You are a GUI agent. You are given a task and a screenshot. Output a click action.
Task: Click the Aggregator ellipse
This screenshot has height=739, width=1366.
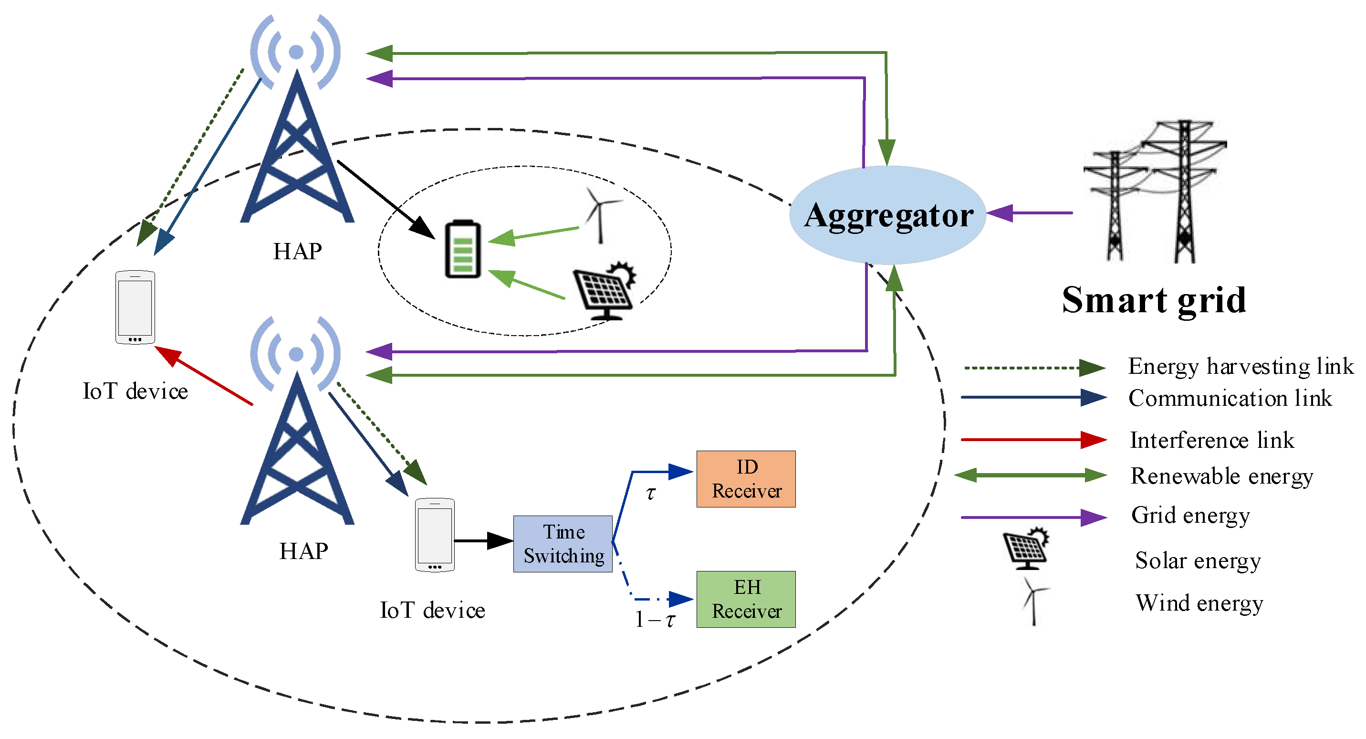(888, 215)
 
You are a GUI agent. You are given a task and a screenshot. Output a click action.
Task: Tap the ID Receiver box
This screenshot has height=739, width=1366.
(746, 479)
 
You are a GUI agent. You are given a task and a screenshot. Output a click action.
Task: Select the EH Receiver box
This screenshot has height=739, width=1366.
(746, 600)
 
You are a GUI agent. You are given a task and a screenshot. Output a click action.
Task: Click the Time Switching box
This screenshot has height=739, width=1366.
(563, 544)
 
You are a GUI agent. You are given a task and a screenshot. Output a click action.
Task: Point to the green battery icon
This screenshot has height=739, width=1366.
(462, 249)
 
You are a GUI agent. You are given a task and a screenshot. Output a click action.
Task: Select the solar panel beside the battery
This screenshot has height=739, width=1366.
(605, 291)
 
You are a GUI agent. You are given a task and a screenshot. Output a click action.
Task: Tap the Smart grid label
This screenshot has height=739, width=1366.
(1154, 300)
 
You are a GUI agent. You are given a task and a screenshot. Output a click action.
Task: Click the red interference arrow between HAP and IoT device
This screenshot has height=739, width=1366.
(204, 376)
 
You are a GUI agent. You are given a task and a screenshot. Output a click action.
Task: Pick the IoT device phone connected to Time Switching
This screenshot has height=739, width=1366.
(434, 535)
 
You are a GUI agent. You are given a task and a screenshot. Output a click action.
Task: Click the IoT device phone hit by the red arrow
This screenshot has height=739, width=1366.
(135, 307)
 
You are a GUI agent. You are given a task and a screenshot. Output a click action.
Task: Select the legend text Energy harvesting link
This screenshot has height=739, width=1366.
(1241, 366)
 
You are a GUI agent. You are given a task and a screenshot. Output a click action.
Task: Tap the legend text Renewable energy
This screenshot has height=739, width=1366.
(1222, 476)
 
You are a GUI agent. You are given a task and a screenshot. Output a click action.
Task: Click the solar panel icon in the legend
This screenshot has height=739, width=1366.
(1026, 549)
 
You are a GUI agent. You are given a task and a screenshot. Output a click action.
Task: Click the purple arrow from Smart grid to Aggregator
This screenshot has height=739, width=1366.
(1029, 213)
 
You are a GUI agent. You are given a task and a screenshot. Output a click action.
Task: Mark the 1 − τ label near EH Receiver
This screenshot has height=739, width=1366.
(656, 619)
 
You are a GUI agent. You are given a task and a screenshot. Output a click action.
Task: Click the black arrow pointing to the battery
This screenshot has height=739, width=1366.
(386, 199)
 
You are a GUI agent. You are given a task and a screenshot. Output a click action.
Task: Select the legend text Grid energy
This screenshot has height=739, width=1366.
(1190, 515)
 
